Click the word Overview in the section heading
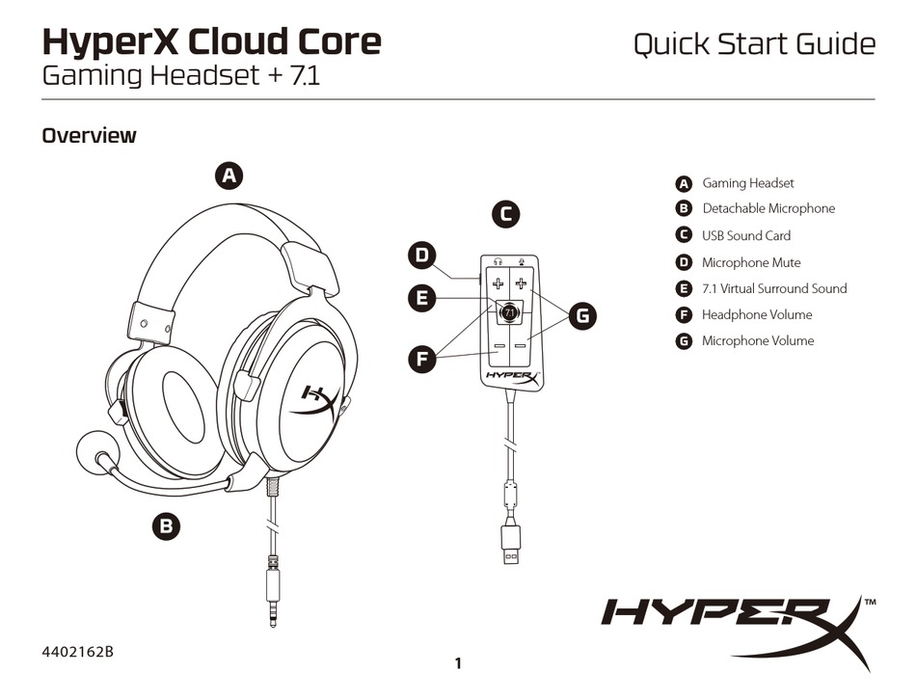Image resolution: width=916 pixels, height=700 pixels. click(89, 136)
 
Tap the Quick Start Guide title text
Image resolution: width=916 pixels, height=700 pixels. click(754, 44)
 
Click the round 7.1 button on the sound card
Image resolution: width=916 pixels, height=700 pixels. click(508, 310)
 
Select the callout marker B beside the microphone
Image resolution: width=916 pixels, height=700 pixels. click(166, 525)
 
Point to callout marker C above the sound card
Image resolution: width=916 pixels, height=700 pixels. click(505, 214)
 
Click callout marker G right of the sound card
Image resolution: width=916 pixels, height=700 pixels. click(581, 315)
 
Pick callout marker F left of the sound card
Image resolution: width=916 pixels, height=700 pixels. click(420, 360)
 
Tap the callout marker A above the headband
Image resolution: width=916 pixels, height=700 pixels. click(228, 175)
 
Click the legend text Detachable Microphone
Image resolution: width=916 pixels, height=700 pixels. click(768, 209)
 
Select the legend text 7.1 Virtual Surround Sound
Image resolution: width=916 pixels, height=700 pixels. click(774, 288)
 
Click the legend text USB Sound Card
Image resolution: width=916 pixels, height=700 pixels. click(746, 235)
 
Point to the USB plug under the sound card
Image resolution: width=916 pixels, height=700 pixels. click(508, 546)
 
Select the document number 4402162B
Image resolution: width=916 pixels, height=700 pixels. click(78, 651)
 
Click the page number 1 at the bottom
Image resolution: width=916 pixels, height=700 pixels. click(458, 662)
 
